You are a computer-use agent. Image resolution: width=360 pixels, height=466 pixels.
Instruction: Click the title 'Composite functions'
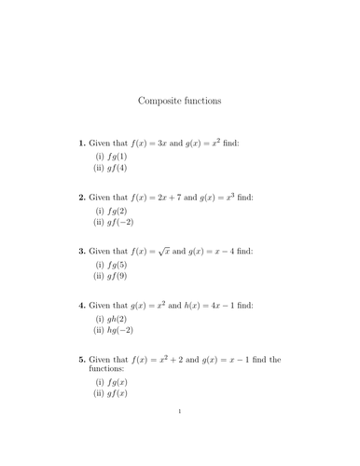click(x=180, y=100)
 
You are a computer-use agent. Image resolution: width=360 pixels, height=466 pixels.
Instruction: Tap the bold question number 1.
click(x=82, y=144)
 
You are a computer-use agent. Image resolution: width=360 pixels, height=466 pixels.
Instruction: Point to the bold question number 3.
click(x=82, y=252)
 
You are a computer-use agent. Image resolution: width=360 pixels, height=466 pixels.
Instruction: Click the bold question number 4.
click(x=82, y=306)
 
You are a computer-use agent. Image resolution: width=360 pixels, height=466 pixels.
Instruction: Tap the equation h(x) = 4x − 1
click(x=223, y=306)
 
